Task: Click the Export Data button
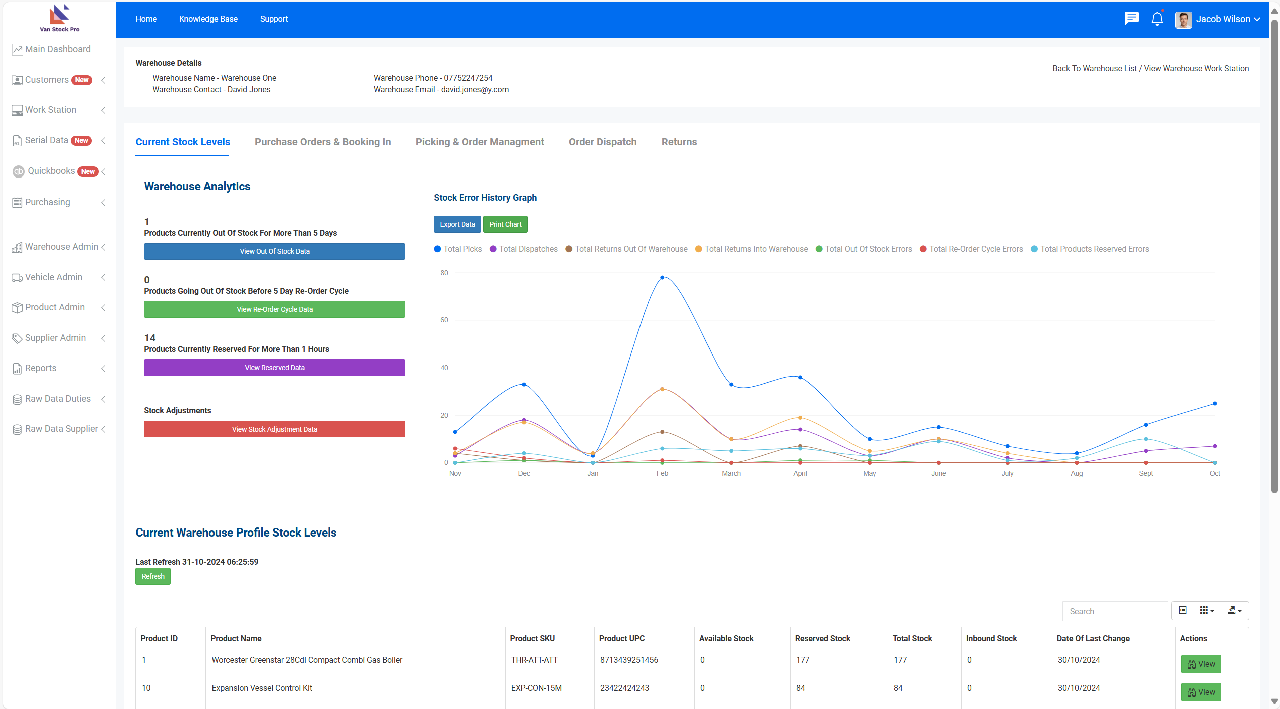coord(457,224)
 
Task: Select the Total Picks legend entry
coord(458,249)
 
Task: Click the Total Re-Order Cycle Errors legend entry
coord(971,249)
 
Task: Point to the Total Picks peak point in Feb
coord(662,277)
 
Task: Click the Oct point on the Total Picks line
coord(1215,404)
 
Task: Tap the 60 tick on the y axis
coord(444,320)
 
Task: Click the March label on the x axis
coord(731,473)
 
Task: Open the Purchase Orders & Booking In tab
coord(323,142)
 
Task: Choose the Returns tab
coord(679,142)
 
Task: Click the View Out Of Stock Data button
coord(275,251)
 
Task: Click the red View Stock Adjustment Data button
coord(275,429)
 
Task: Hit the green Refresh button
coord(153,576)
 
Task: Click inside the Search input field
coord(1115,611)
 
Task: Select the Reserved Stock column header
coord(823,638)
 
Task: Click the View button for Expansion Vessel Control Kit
coord(1201,692)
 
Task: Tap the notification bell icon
coord(1157,19)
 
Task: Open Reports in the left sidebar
coord(41,368)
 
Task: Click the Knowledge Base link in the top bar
coord(208,19)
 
